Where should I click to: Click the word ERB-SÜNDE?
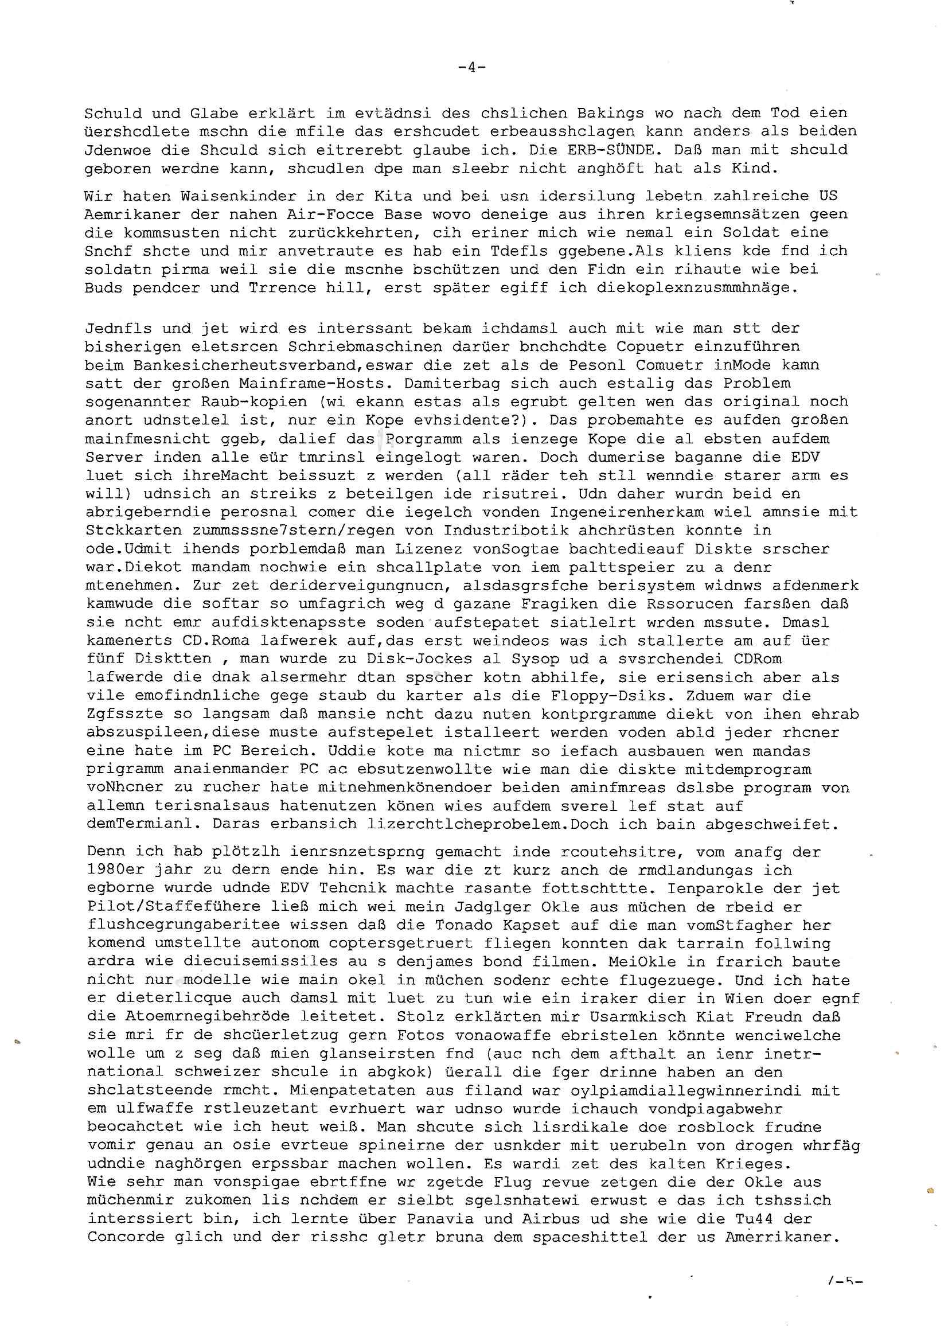point(611,150)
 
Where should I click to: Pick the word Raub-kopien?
point(253,402)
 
